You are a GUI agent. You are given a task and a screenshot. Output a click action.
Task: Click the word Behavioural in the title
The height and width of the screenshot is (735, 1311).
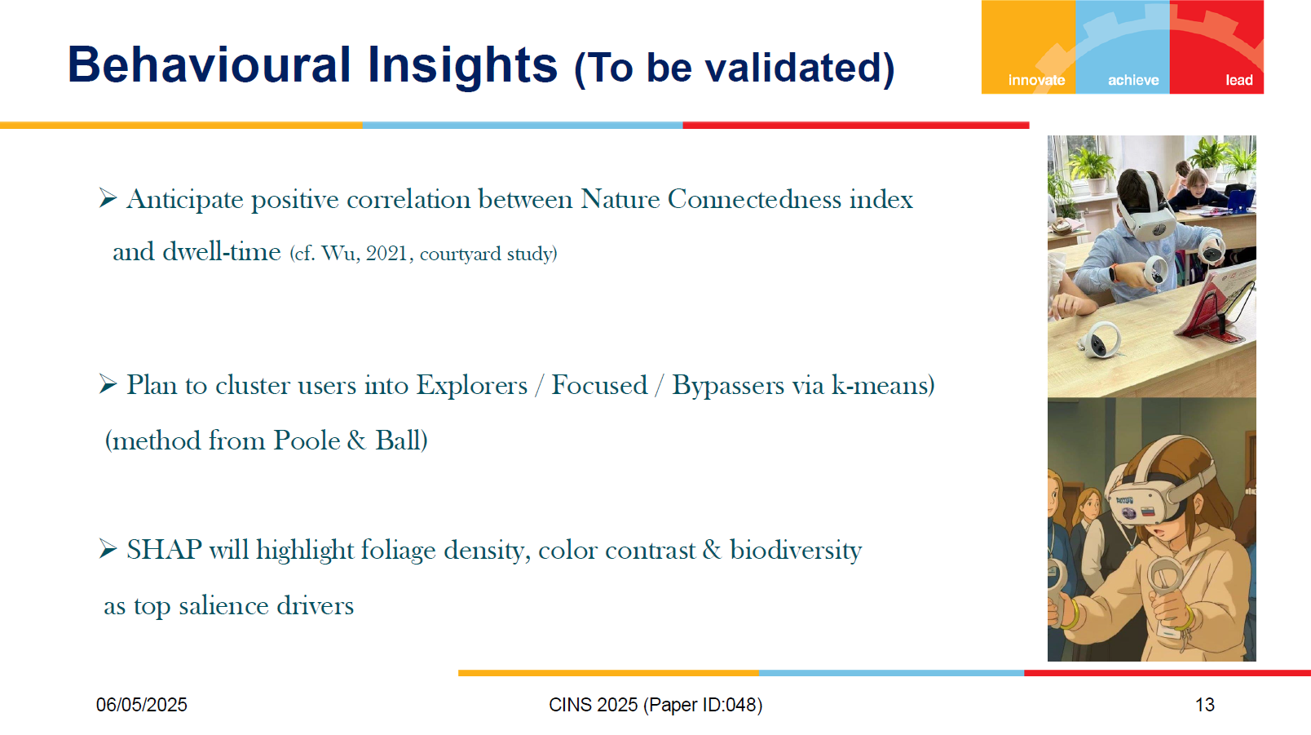tap(209, 64)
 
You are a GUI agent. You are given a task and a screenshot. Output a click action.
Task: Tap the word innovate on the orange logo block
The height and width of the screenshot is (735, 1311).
tap(1036, 80)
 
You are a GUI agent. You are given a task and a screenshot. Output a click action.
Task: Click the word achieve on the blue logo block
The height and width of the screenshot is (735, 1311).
tap(1133, 80)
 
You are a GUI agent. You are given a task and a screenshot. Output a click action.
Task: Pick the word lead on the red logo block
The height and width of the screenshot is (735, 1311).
tap(1239, 80)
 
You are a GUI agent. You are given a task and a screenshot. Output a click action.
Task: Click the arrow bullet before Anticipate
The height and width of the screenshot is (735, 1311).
tap(108, 198)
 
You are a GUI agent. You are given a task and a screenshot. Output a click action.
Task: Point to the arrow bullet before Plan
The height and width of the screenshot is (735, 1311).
tap(108, 384)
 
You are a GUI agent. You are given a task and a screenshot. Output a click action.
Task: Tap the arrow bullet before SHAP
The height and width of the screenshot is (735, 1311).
tap(108, 549)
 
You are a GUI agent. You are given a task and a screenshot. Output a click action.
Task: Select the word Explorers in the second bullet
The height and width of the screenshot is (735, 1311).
tap(472, 385)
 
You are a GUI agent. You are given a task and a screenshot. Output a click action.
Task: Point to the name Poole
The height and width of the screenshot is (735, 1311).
tap(307, 441)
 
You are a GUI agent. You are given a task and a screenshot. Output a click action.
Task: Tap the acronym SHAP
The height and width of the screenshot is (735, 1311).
tap(165, 550)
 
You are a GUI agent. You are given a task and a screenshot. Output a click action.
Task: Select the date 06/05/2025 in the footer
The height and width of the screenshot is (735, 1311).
tap(142, 705)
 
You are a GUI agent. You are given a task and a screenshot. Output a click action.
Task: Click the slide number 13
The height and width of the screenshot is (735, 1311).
tap(1204, 705)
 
